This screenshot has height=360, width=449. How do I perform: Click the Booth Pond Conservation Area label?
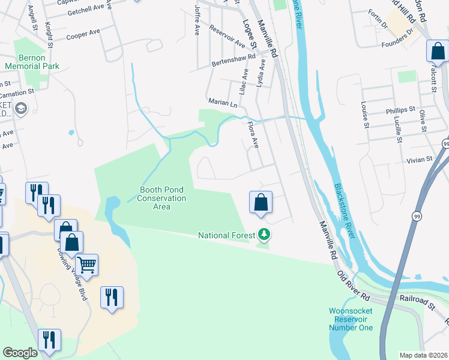click(161, 198)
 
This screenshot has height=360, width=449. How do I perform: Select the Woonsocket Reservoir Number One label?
click(351, 319)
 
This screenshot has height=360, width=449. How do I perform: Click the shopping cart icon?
click(87, 265)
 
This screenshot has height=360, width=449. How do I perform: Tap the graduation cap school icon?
click(22, 109)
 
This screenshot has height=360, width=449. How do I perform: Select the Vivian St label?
click(419, 160)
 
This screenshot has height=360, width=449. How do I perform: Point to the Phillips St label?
click(400, 110)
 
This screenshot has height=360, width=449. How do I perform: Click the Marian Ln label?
click(222, 103)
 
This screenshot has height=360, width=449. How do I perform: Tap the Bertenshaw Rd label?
click(234, 62)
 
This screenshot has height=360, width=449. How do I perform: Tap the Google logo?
click(20, 353)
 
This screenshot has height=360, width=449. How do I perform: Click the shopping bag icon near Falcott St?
click(438, 52)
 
